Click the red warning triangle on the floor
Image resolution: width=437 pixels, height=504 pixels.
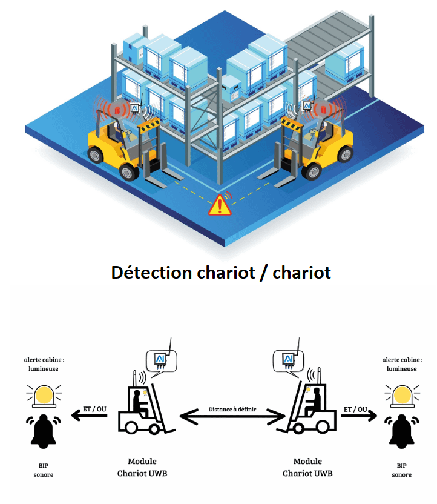click(x=219, y=205)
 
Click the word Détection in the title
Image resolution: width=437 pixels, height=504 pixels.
click(x=151, y=273)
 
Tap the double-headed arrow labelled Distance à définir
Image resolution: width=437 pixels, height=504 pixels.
click(x=232, y=417)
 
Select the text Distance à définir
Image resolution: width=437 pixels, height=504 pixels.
click(x=233, y=409)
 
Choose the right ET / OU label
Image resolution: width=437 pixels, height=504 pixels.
click(x=357, y=409)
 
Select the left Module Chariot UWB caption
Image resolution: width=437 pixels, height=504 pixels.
click(x=142, y=467)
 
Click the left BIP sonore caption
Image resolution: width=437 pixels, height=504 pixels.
click(x=44, y=470)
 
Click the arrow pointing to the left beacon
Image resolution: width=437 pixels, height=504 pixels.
click(x=91, y=417)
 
